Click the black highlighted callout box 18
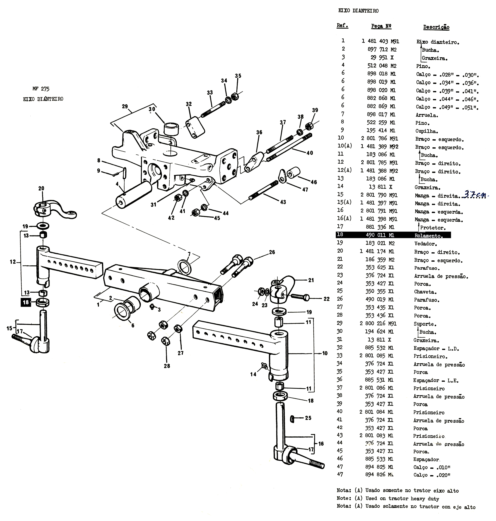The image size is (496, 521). [x=26, y=302]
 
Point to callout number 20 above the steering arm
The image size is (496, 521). [x=41, y=188]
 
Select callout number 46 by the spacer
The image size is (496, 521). [x=314, y=182]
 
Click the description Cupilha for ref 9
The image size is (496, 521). [x=426, y=131]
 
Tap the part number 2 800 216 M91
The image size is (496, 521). [x=378, y=323]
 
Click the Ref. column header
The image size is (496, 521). [x=342, y=26]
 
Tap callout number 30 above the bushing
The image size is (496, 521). [x=152, y=109]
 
